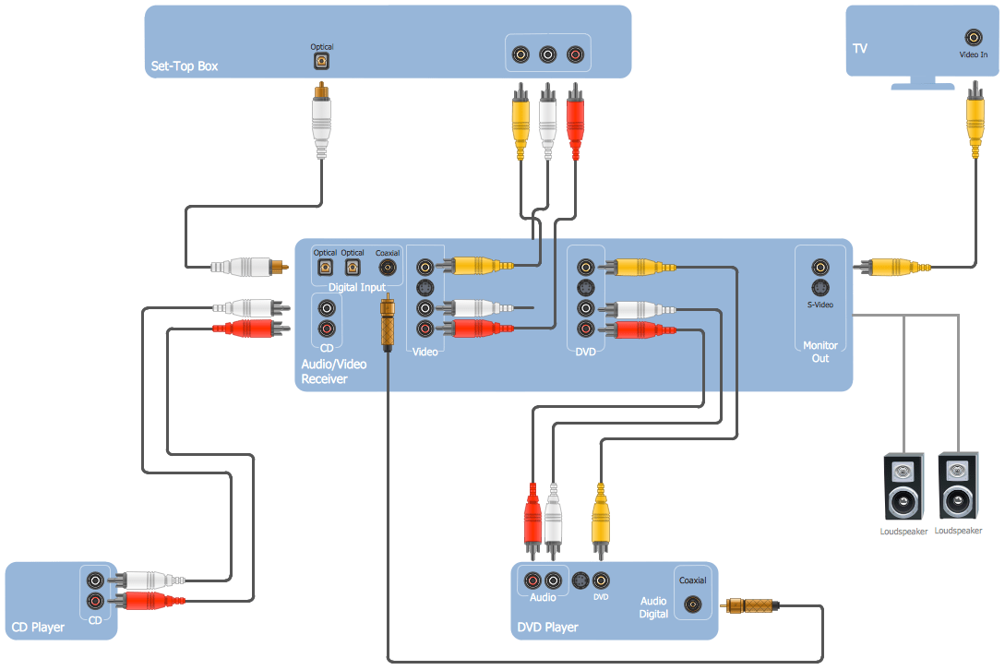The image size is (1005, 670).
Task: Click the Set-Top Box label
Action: (x=185, y=66)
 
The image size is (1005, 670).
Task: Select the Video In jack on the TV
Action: (x=973, y=38)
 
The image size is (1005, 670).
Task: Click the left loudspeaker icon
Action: (x=903, y=487)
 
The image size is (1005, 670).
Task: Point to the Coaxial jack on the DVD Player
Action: (x=693, y=605)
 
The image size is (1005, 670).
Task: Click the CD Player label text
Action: (x=38, y=628)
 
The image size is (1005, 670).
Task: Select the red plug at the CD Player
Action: (x=148, y=602)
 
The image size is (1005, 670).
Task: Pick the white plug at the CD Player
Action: (x=148, y=580)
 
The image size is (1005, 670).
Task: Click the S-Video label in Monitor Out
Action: (x=820, y=304)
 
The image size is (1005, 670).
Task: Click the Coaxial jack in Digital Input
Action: (x=389, y=267)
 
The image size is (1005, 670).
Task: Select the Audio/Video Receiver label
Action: (x=333, y=371)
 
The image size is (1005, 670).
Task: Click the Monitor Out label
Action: (x=820, y=352)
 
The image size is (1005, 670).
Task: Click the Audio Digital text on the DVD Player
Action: (x=654, y=607)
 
